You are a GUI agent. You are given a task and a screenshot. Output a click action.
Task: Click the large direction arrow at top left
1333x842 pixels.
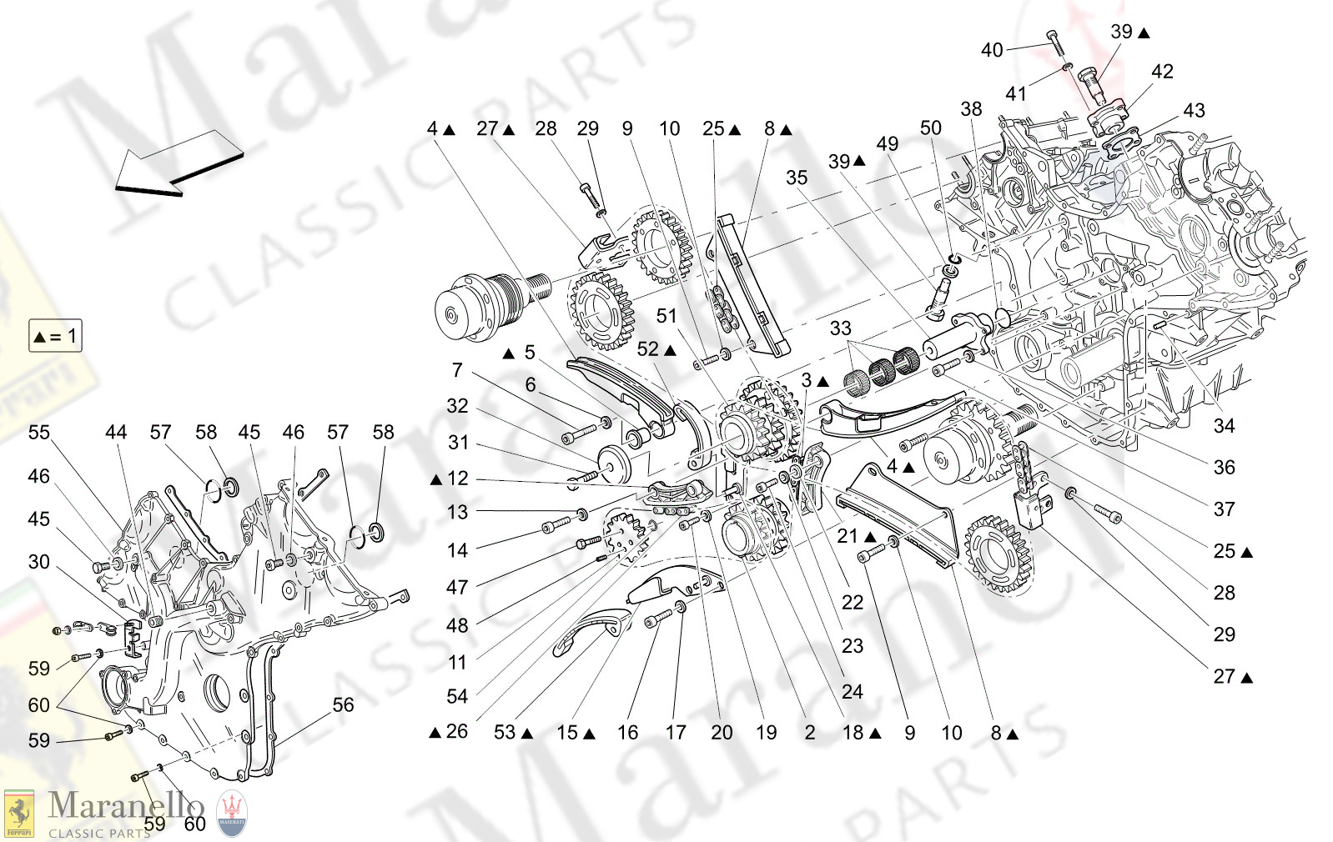(x=178, y=166)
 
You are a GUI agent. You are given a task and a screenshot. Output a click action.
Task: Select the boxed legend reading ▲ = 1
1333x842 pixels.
(x=55, y=336)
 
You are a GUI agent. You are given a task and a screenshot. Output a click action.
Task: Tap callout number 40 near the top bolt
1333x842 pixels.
(x=992, y=50)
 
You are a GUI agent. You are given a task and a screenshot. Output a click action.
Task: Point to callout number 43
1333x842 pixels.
(x=1194, y=110)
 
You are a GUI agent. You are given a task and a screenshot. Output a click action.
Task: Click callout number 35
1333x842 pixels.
(x=797, y=178)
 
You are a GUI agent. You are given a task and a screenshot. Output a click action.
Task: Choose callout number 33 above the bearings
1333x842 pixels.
(x=840, y=328)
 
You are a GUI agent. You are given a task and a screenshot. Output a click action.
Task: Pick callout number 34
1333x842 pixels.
(x=1224, y=426)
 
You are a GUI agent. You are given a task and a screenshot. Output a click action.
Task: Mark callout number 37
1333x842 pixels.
(x=1224, y=509)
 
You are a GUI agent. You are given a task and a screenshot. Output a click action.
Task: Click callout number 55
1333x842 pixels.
(x=39, y=433)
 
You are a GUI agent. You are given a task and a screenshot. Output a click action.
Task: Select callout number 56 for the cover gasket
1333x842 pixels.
(x=343, y=704)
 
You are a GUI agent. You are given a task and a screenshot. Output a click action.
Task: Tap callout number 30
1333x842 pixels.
(x=39, y=562)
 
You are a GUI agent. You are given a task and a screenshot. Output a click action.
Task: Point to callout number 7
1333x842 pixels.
(x=457, y=370)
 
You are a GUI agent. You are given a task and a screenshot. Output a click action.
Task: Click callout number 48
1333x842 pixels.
(x=457, y=625)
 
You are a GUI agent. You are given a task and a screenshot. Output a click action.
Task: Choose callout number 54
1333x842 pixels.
(x=457, y=696)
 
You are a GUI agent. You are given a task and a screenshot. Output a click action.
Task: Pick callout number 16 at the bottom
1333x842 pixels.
(x=627, y=733)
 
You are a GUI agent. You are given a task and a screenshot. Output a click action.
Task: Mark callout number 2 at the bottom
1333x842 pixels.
(x=810, y=733)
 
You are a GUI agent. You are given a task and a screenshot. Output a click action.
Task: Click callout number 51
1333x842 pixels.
(x=666, y=316)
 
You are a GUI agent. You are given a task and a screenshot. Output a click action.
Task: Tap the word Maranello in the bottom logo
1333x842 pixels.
(x=125, y=805)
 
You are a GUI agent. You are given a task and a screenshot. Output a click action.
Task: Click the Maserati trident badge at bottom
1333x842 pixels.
(x=233, y=813)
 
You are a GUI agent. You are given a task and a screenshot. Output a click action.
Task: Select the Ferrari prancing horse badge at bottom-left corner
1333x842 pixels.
(x=18, y=813)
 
